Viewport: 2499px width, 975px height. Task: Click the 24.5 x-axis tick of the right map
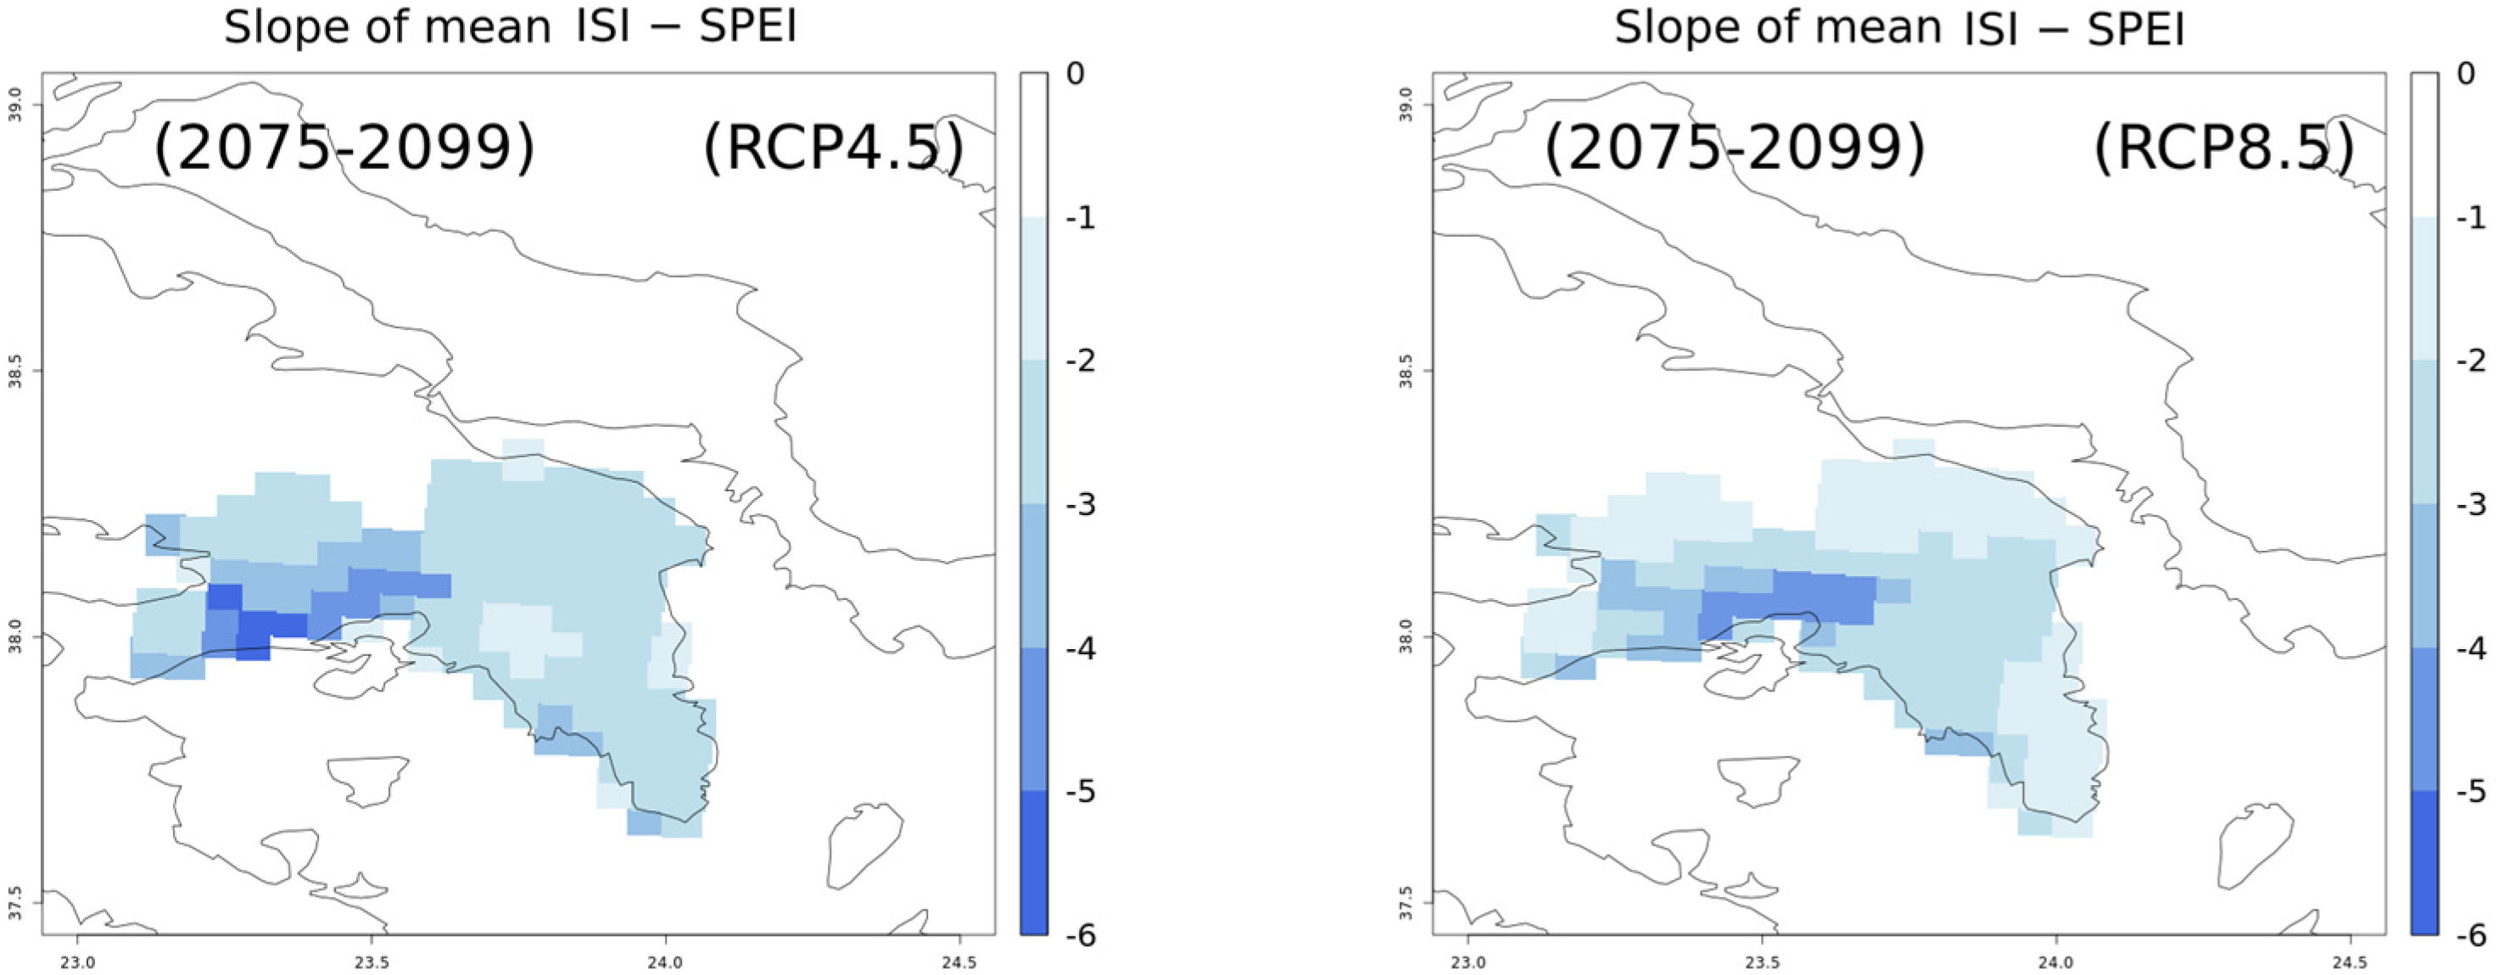point(2350,964)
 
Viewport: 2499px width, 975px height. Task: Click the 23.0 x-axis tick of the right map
point(1467,964)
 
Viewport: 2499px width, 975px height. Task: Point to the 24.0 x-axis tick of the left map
point(664,964)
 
